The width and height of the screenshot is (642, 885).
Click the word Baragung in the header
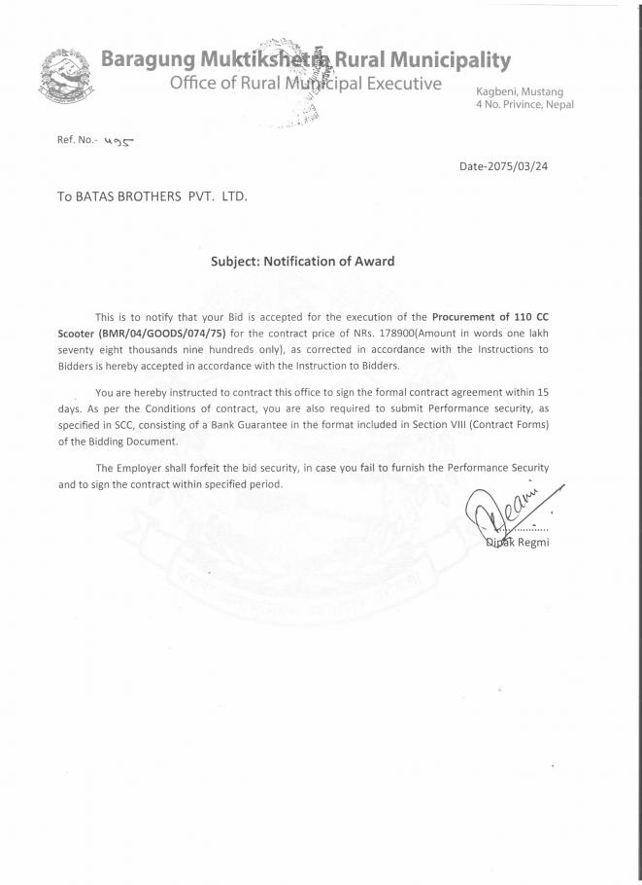point(148,61)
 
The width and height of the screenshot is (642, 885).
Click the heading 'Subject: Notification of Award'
point(303,261)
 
